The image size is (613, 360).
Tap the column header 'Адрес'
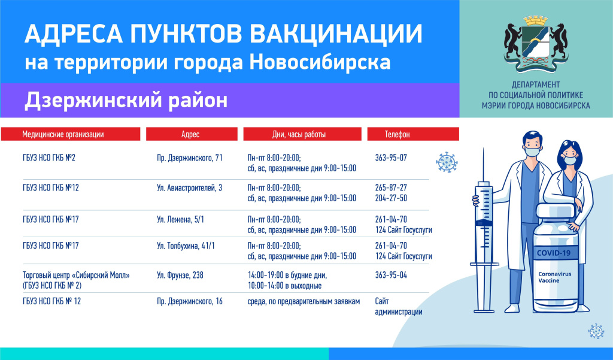[190, 134]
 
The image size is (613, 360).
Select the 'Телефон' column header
[397, 134]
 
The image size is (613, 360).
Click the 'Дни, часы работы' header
[299, 134]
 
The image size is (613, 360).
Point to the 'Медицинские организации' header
[63, 134]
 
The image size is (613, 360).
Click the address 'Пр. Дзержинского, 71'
[190, 158]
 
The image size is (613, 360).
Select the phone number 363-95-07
[391, 158]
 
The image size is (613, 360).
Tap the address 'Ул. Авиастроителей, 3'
[190, 188]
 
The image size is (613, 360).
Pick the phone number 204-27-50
[391, 198]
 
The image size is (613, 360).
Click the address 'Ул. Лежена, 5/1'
[180, 219]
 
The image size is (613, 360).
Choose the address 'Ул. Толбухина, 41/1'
[186, 246]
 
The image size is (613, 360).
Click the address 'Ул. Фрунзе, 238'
[180, 275]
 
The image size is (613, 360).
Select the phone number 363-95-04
[391, 275]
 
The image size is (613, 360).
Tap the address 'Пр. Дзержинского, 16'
[190, 301]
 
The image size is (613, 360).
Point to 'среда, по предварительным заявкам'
[304, 301]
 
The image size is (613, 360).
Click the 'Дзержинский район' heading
[126, 100]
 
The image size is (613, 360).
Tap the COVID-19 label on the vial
[554, 253]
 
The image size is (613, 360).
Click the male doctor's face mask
[532, 152]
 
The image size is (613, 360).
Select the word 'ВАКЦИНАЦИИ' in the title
[336, 34]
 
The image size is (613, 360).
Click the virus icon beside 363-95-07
[447, 162]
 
